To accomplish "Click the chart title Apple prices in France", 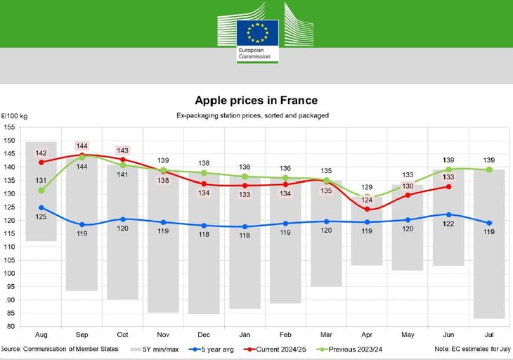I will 256,101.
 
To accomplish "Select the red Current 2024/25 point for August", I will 41,162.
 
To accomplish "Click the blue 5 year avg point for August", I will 41,207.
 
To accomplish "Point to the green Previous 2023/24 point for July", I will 489,169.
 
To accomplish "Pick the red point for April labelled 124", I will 368,210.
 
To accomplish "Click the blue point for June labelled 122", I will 448,214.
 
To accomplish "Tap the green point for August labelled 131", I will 41,191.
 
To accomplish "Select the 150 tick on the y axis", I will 9,141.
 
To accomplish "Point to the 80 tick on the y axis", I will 9,326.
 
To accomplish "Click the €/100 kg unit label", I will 14,115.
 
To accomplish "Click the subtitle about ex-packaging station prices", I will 256,115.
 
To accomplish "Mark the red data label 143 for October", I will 122,150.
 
